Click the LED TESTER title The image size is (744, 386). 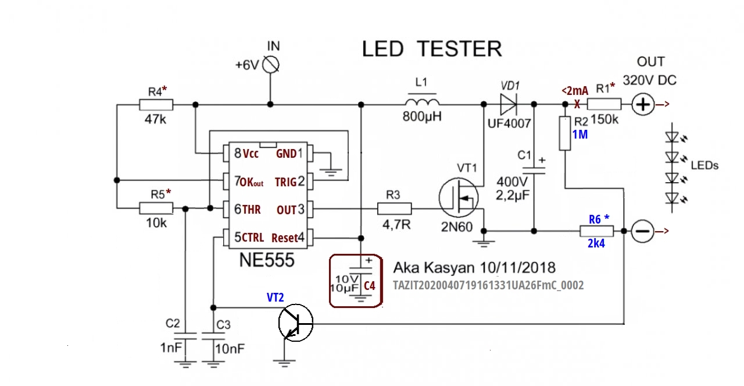click(431, 49)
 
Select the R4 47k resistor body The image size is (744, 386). click(156, 105)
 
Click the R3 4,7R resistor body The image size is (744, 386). click(394, 208)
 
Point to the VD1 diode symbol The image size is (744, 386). click(507, 105)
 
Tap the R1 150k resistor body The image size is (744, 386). click(604, 105)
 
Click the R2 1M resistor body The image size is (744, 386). click(565, 133)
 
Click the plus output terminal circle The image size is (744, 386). click(643, 105)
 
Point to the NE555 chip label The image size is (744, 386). click(267, 260)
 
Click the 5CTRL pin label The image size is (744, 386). click(249, 238)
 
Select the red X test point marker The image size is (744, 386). click(577, 105)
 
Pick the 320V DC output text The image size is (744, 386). click(650, 80)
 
